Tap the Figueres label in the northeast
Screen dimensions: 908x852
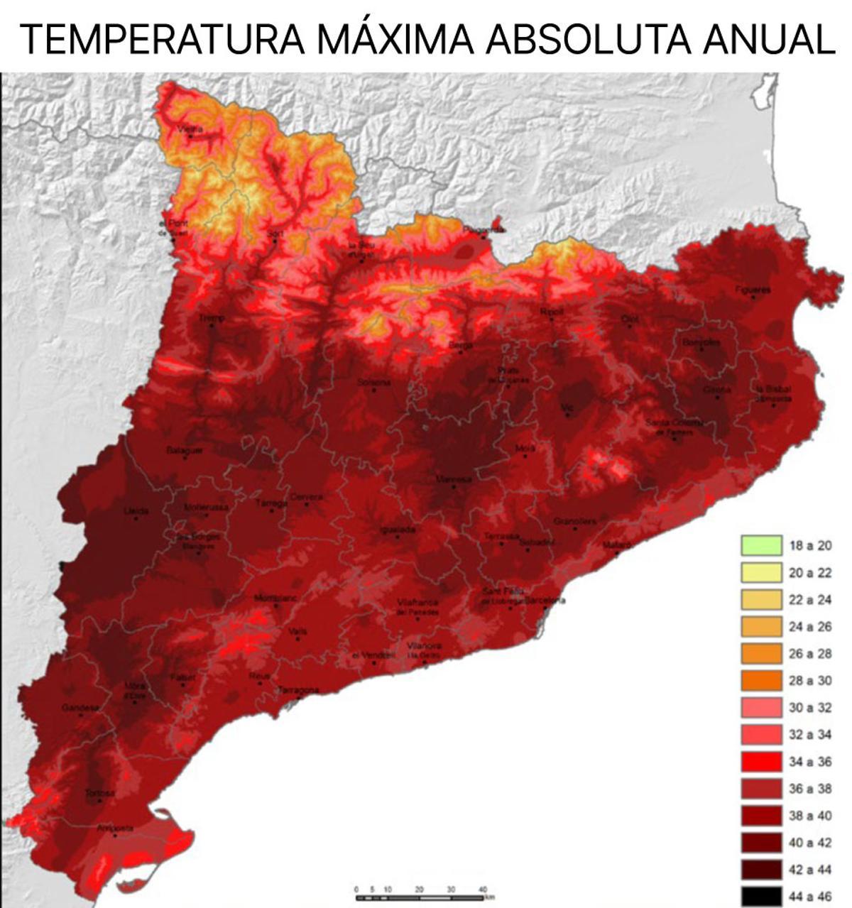pos(753,290)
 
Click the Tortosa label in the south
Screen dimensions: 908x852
pos(99,793)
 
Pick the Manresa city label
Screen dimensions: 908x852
pos(453,480)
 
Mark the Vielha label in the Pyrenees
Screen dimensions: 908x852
pos(190,129)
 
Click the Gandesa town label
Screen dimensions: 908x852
pos(80,708)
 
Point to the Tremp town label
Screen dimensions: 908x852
pos(211,318)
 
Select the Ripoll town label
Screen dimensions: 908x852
pos(551,312)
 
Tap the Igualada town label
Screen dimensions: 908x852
pos(398,530)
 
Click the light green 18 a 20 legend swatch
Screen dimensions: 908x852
pos(761,546)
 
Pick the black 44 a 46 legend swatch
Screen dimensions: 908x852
pos(761,897)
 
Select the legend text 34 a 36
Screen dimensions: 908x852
pos(810,762)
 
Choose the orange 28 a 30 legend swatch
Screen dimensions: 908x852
pos(761,681)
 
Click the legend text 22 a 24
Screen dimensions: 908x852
pos(810,600)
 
